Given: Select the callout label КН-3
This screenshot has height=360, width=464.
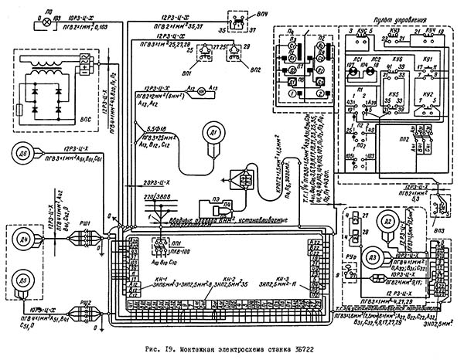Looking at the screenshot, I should click(281, 278).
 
